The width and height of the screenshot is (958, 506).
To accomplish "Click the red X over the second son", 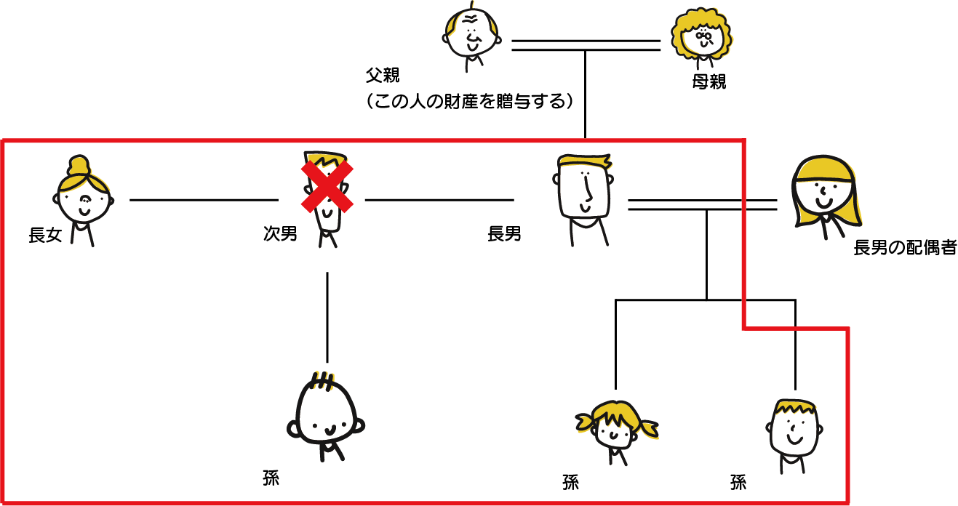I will [x=327, y=187].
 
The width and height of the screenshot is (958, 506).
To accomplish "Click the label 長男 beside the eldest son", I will [x=504, y=234].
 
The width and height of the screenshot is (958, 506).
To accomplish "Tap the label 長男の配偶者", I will [x=905, y=249].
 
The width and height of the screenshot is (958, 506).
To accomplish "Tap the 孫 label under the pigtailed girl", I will [x=570, y=482].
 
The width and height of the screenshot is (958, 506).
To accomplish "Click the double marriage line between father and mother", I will [x=586, y=45].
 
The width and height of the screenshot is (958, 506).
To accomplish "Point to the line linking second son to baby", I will [x=327, y=316].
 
